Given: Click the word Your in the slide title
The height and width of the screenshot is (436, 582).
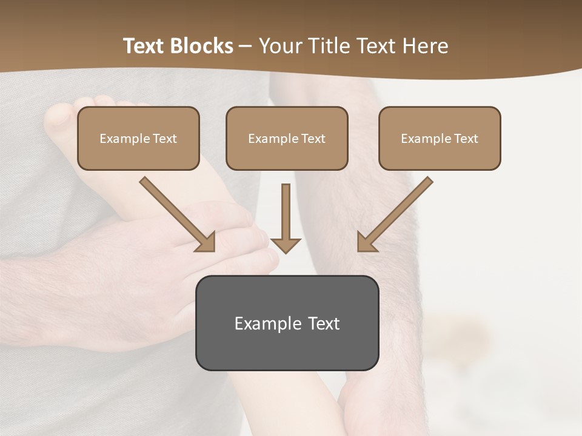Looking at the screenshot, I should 279,46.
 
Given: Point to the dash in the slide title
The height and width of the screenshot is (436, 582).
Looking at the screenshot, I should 246,47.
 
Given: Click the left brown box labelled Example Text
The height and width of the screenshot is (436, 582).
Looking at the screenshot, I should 138,139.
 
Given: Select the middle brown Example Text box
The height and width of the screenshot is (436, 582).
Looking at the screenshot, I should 287,139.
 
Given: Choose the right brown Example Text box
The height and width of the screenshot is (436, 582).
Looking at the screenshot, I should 440,139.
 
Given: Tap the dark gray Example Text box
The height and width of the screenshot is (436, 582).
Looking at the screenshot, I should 287,323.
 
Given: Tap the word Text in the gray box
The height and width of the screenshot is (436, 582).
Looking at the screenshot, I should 324,323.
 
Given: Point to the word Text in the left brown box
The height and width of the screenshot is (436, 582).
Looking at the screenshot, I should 164,139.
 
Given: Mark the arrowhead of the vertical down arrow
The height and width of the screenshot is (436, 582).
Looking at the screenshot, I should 286,244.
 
